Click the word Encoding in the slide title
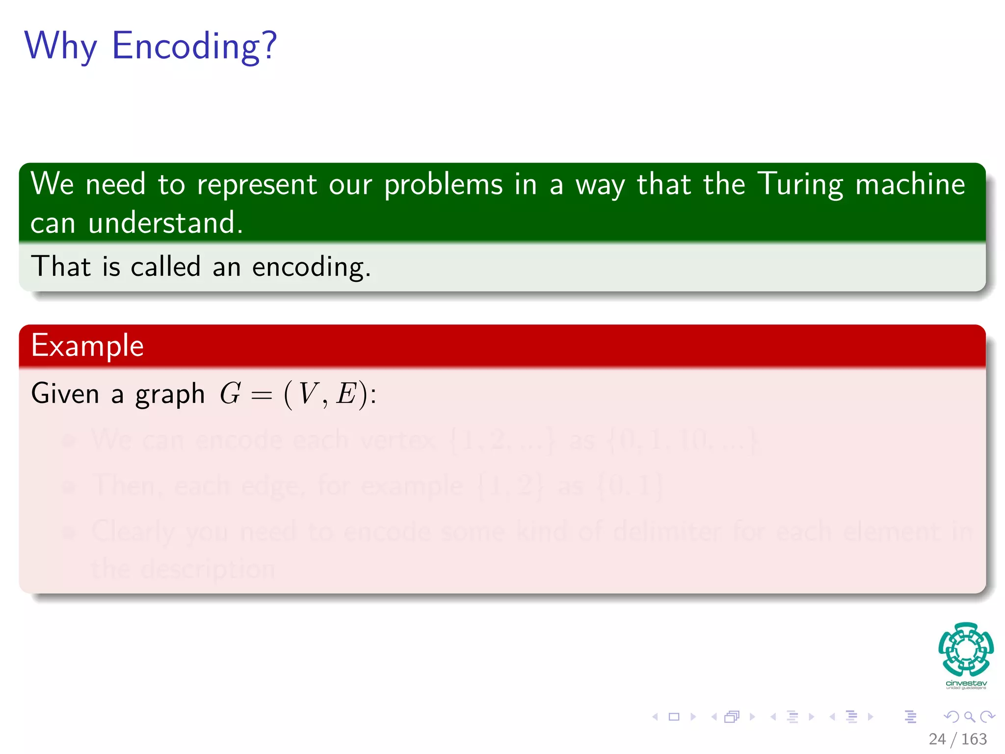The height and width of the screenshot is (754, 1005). point(194,46)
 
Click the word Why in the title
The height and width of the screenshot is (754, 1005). point(61,46)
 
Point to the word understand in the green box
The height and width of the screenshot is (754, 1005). point(165,223)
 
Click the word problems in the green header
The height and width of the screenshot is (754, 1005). point(443,185)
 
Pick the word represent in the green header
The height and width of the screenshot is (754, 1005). point(257,185)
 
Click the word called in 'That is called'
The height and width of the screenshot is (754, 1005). point(165,267)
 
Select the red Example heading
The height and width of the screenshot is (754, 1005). point(87,346)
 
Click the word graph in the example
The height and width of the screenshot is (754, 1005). point(170,394)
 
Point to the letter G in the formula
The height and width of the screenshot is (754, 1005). point(230,393)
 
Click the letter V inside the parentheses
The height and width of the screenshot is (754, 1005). point(308,393)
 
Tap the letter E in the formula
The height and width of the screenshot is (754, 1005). point(346,393)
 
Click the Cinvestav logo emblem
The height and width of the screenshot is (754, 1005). point(966,649)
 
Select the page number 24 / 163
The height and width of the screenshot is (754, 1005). point(957,739)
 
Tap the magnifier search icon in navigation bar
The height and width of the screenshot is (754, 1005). point(969,717)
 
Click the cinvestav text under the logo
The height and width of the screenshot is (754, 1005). point(966,683)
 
